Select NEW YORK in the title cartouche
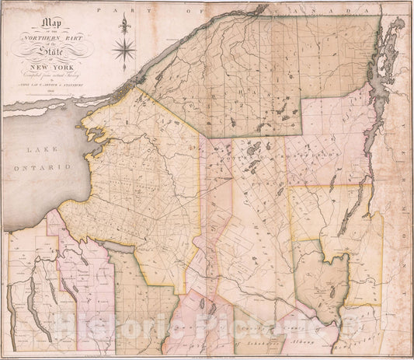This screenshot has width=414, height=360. tap(57, 56)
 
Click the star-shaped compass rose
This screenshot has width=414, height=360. tap(123, 52)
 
